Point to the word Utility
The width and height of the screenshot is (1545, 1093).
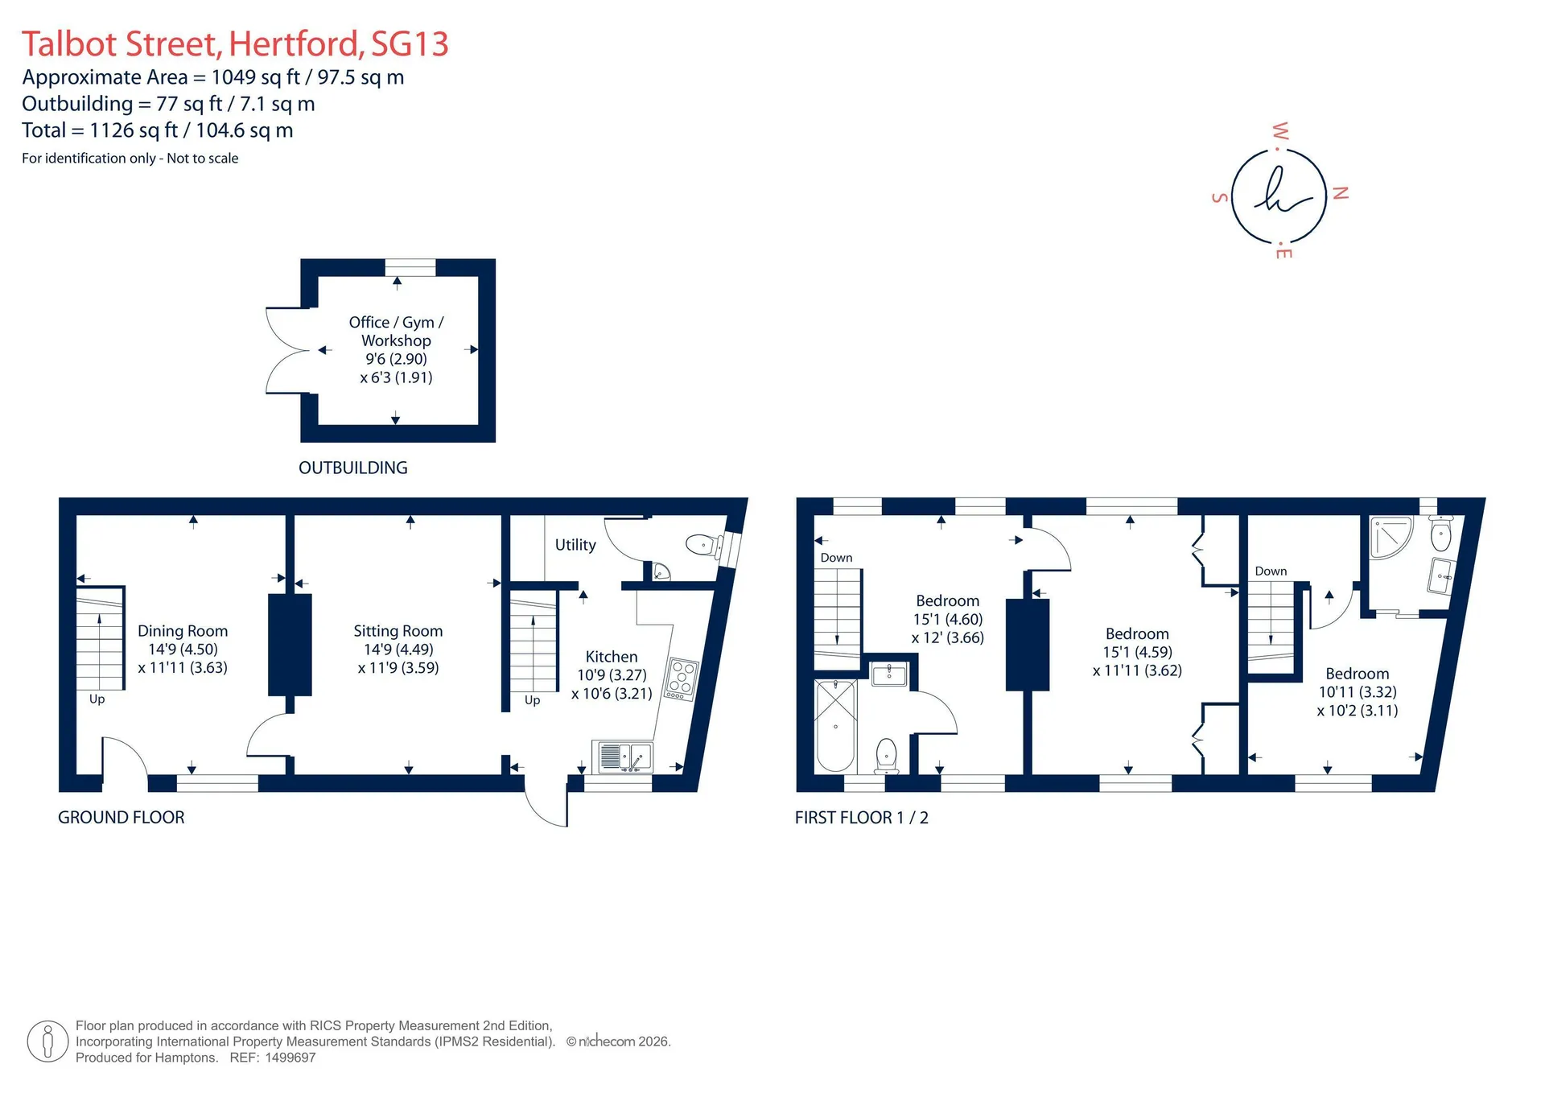575,545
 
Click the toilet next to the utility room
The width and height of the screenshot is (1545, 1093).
703,545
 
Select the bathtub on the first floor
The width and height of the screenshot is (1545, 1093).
835,725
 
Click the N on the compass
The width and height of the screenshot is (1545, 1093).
1340,193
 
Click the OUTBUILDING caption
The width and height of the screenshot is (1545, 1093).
353,468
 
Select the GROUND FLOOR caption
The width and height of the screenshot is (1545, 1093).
122,818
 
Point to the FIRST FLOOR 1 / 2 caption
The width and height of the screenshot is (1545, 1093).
862,818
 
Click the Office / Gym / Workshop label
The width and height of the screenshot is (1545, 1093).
396,331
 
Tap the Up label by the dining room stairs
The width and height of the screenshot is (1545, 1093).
97,699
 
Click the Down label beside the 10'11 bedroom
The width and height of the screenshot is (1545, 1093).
1271,571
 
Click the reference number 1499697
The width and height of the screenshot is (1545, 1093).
290,1058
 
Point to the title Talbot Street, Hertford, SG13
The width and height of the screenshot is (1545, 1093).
235,44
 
